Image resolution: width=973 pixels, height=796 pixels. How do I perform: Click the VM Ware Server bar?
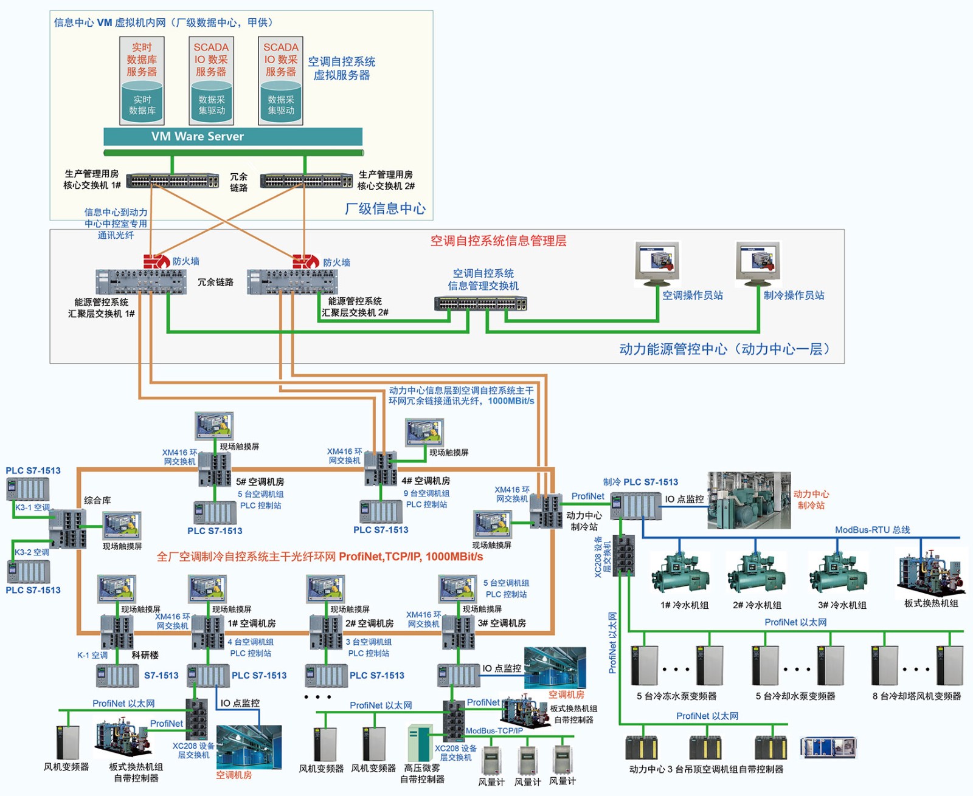[x=233, y=136]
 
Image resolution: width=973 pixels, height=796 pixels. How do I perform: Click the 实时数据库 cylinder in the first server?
[x=142, y=104]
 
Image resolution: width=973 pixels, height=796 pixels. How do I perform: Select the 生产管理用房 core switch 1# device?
[x=173, y=180]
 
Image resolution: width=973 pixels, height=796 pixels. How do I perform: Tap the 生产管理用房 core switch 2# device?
[x=306, y=180]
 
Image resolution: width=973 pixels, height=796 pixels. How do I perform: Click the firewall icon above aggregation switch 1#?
[x=156, y=261]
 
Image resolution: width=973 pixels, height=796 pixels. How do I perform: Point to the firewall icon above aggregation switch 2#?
[x=305, y=261]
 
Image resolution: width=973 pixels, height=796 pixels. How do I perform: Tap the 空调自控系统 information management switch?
[x=480, y=303]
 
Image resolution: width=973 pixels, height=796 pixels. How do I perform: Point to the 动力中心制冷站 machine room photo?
[x=749, y=500]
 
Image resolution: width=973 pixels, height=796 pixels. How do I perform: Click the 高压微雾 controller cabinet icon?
[x=420, y=743]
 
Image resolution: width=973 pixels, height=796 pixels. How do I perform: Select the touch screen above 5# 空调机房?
[x=214, y=425]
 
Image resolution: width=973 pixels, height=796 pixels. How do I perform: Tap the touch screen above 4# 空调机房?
[x=424, y=432]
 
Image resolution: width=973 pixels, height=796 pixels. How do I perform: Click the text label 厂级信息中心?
[x=385, y=209]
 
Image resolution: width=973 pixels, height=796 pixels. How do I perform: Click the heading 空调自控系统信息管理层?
[x=498, y=241]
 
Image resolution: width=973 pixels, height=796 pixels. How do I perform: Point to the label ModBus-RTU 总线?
[x=872, y=530]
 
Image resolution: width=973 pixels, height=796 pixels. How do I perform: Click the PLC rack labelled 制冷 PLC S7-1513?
[x=635, y=506]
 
